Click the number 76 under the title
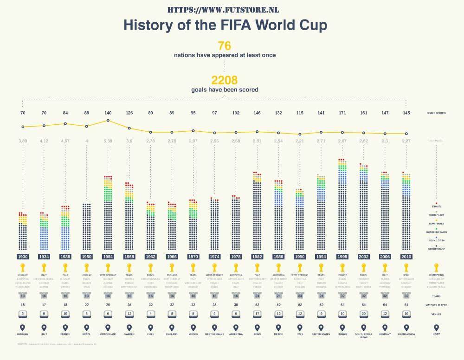pyautogui.click(x=224, y=45)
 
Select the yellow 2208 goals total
pyautogui.click(x=225, y=80)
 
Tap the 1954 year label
pyautogui.click(x=108, y=256)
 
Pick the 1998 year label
pyautogui.click(x=342, y=256)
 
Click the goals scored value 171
pyautogui.click(x=342, y=113)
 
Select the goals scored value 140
pyautogui.click(x=108, y=113)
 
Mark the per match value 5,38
pyautogui.click(x=108, y=141)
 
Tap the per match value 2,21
pyautogui.click(x=300, y=141)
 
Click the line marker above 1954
pyautogui.click(x=108, y=121)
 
